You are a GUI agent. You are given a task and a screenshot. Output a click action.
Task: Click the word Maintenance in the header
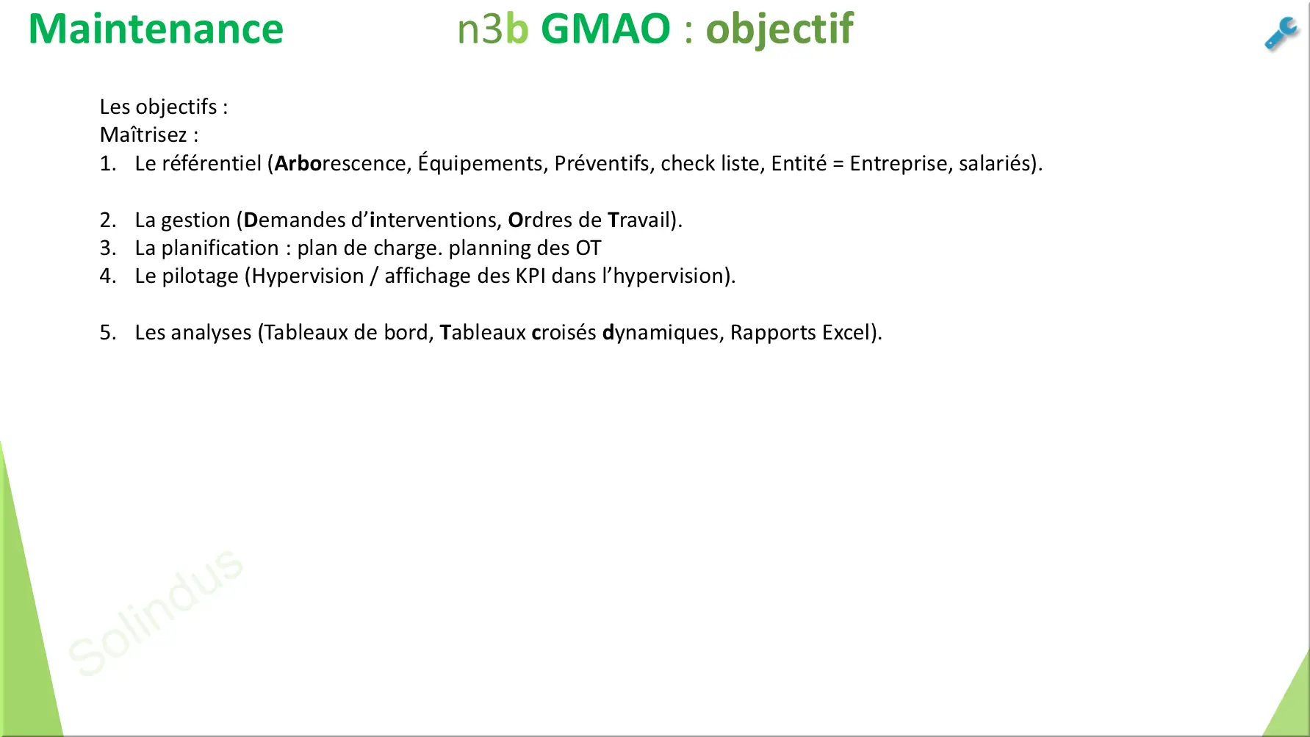[156, 29]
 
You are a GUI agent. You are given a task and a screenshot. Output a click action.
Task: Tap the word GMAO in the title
[605, 29]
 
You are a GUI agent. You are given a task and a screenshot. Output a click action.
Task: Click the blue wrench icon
[1281, 34]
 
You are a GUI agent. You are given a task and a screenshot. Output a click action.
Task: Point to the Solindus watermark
[155, 611]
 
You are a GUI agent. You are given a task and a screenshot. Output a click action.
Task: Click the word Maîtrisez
[143, 135]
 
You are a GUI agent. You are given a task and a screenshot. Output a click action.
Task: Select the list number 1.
[108, 163]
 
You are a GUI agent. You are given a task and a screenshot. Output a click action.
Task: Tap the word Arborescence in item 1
[340, 163]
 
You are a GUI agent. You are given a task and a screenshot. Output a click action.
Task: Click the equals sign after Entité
[838, 164]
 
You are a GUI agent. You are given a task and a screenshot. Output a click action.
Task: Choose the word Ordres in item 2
[540, 220]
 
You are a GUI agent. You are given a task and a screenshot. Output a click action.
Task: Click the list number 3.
[108, 248]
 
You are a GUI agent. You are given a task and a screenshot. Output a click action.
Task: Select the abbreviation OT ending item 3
[588, 248]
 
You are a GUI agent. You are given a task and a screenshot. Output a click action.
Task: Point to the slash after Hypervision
[374, 276]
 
